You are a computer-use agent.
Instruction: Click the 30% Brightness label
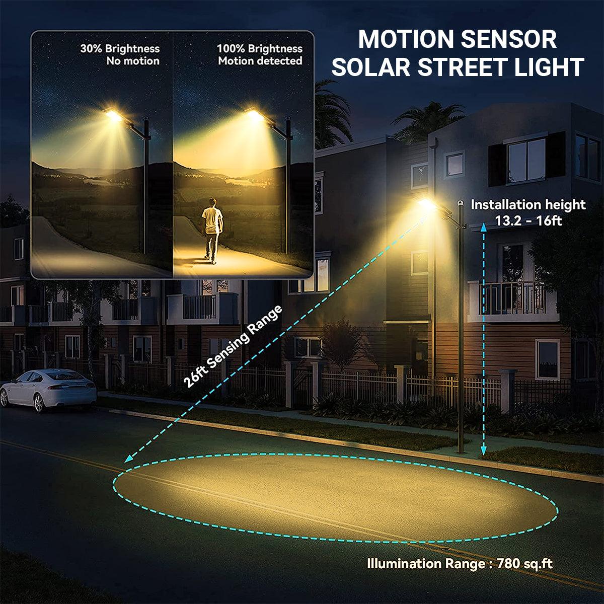(x=120, y=49)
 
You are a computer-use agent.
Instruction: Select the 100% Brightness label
(x=260, y=49)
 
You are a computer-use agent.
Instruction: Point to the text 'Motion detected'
(x=260, y=61)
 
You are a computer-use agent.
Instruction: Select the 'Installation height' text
(x=528, y=205)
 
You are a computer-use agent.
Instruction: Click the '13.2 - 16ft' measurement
(x=528, y=220)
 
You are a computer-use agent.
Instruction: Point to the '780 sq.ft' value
(x=524, y=564)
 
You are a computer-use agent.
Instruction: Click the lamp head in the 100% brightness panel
(x=252, y=115)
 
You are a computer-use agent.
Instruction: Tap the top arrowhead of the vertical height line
(x=483, y=228)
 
